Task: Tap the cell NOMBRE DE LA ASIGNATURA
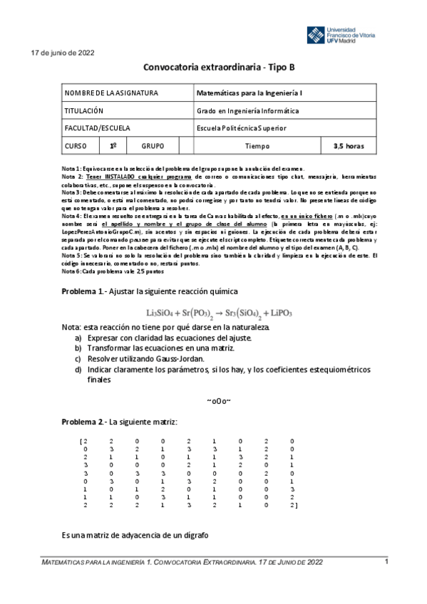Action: coord(111,93)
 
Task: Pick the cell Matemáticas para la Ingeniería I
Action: coord(249,93)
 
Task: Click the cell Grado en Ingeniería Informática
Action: coord(247,111)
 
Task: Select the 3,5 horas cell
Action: coord(348,146)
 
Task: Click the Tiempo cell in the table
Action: coord(257,146)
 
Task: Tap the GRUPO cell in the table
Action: coord(153,146)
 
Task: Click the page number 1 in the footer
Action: coord(386,563)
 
